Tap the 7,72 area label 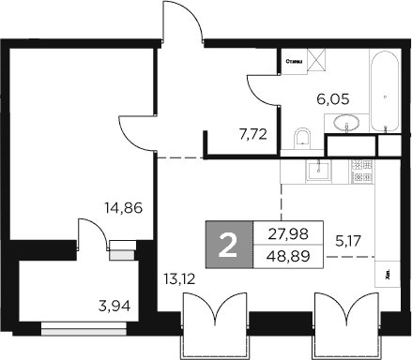[254, 134]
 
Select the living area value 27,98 [287, 234]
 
